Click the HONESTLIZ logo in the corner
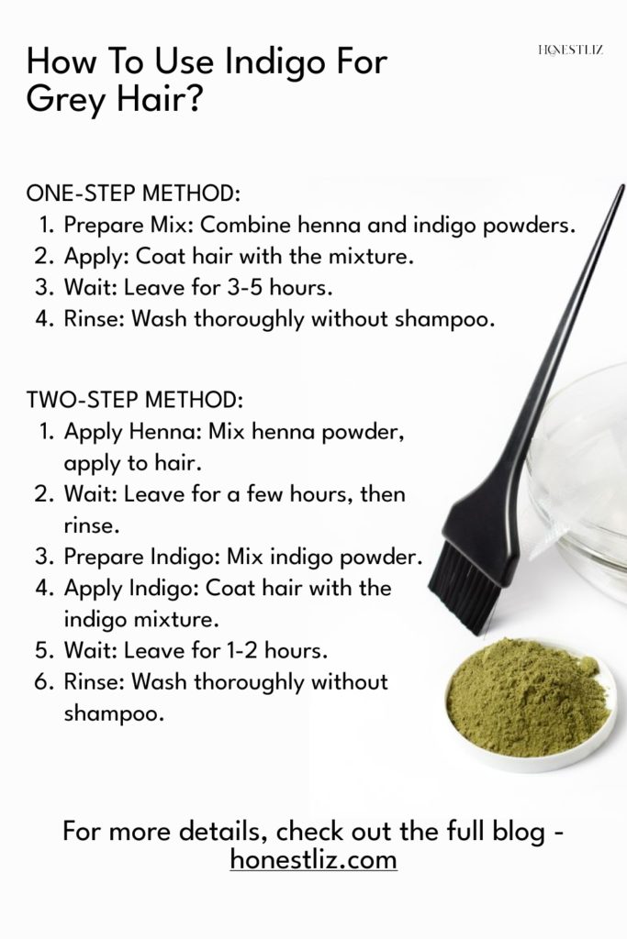point(569,50)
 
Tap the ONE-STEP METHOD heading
point(133,194)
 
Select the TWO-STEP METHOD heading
point(135,400)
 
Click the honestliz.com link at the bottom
point(313,860)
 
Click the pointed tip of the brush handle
point(621,188)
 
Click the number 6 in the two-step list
point(40,682)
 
